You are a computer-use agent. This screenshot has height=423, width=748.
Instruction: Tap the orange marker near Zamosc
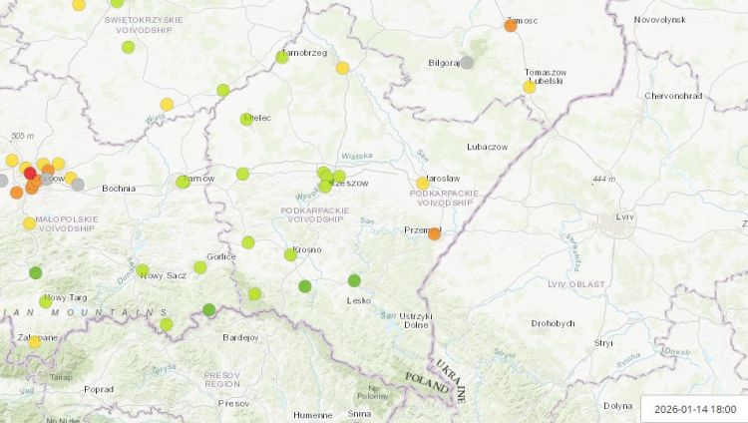[x=511, y=25]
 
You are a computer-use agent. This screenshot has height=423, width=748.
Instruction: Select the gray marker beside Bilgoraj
[x=467, y=62]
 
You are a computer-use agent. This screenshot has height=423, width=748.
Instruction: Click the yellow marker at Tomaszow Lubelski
[x=530, y=87]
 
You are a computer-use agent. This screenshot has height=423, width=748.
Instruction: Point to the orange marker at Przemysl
[x=435, y=233]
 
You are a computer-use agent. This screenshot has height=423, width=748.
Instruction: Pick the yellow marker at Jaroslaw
[x=422, y=184]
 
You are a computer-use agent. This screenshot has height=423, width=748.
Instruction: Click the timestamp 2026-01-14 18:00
[x=695, y=408]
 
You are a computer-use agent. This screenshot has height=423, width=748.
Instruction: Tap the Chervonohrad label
[x=674, y=96]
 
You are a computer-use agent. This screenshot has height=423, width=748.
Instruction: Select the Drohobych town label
[x=553, y=323]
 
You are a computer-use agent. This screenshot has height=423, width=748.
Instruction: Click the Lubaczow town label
[x=487, y=147]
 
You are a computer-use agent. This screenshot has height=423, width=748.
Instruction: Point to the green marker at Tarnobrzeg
[x=282, y=57]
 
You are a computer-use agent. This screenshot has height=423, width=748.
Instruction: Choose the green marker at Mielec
[x=246, y=120]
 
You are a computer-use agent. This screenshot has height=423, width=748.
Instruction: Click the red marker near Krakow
[x=30, y=173]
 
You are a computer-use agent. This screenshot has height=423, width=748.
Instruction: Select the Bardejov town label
[x=240, y=337]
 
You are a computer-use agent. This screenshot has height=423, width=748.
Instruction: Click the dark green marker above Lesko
[x=355, y=280]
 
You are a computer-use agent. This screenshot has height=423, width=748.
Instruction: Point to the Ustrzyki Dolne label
[x=416, y=320]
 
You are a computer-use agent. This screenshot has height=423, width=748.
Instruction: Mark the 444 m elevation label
[x=604, y=179]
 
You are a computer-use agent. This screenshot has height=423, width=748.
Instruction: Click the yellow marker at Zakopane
[x=35, y=341]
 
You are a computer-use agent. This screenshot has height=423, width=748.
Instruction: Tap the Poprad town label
[x=98, y=389]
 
